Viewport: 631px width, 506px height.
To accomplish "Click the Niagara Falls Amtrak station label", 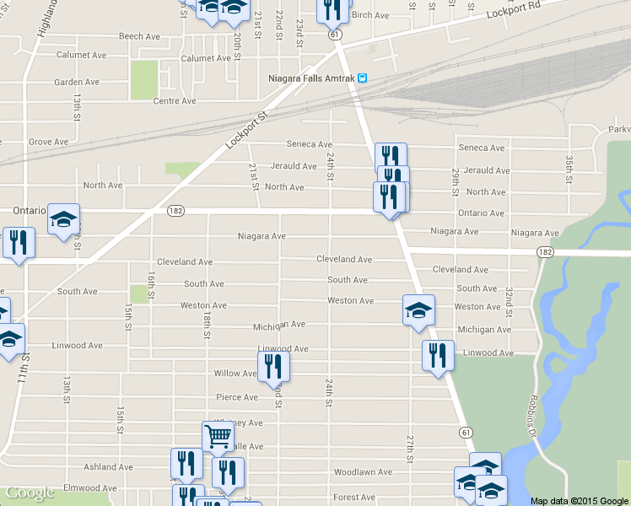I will pyautogui.click(x=310, y=78).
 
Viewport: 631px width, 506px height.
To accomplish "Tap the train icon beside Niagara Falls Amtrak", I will pyautogui.click(x=362, y=78).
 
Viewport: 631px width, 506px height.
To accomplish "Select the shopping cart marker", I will pyautogui.click(x=218, y=437).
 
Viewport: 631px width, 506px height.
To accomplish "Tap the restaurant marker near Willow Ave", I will pyautogui.click(x=273, y=367).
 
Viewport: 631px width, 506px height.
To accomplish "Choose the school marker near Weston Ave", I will pyautogui.click(x=418, y=311).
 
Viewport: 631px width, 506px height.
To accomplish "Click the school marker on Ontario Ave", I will pyautogui.click(x=63, y=220).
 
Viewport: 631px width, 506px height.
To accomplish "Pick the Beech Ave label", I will pyautogui.click(x=139, y=36).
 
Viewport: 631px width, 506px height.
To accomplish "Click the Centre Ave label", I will pyautogui.click(x=175, y=101).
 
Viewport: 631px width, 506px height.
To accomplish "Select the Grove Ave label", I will pyautogui.click(x=47, y=143).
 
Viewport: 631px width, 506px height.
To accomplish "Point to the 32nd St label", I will pyautogui.click(x=510, y=297).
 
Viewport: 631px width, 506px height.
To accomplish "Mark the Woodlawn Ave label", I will pyautogui.click(x=363, y=472).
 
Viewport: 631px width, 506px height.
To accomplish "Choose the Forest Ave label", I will pyautogui.click(x=354, y=498).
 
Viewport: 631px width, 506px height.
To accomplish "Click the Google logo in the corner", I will pyautogui.click(x=30, y=493).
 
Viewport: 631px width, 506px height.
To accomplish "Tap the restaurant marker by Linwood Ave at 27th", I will pyautogui.click(x=438, y=356).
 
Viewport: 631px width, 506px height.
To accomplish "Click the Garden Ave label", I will pyautogui.click(x=77, y=82).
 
